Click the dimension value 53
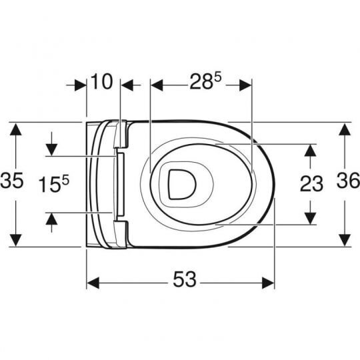tap(182, 281)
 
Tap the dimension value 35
tap(13, 181)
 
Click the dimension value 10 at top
tap(102, 83)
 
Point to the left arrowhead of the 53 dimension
tap(93, 283)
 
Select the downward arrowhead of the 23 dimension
tap(310, 218)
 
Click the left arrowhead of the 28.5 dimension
tap(157, 84)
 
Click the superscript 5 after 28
tap(217, 78)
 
